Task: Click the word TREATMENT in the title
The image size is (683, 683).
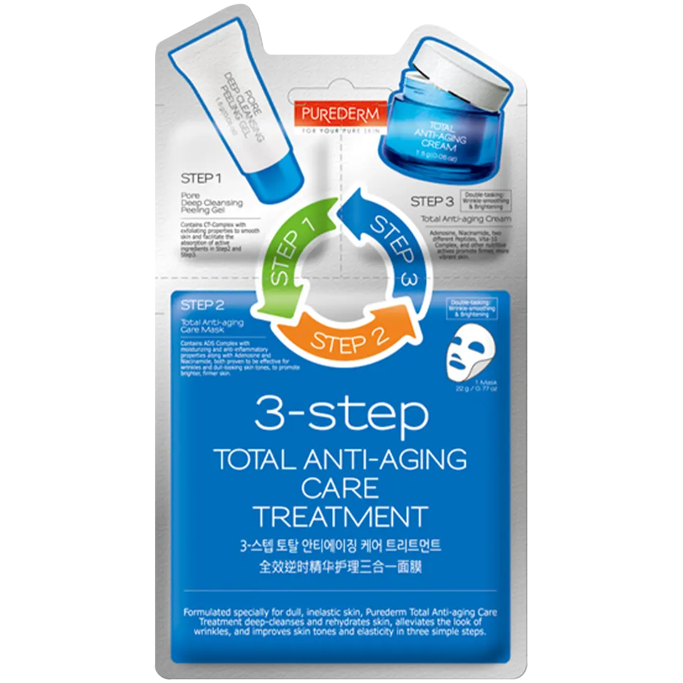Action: (341, 516)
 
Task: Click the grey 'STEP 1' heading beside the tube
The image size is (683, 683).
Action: (201, 179)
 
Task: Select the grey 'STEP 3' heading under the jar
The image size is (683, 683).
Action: (432, 202)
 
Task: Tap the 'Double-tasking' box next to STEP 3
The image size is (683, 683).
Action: (485, 199)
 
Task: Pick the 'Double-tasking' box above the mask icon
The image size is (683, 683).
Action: (472, 309)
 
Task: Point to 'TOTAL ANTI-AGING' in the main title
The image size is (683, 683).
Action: (341, 460)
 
